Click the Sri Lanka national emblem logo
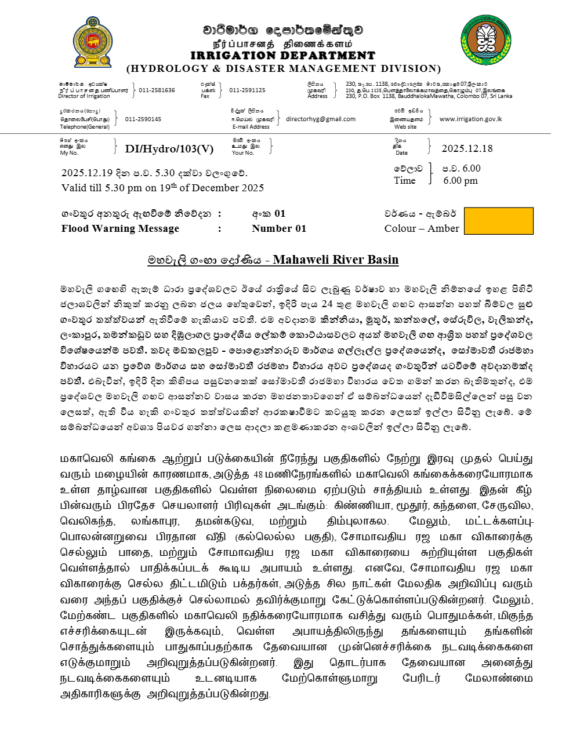[x=93, y=42]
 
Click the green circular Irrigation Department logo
[x=486, y=40]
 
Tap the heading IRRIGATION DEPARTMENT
[x=283, y=56]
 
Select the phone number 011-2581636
[x=157, y=90]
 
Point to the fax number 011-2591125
[x=247, y=90]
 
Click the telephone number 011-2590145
[x=143, y=119]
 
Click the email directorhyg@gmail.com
[x=321, y=119]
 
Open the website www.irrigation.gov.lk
[x=470, y=119]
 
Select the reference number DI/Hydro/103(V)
[x=169, y=149]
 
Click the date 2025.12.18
[x=467, y=149]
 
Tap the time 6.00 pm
[x=461, y=181]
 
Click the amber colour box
[x=499, y=221]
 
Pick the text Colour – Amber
[x=422, y=228]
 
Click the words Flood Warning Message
[x=120, y=228]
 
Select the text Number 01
[x=279, y=228]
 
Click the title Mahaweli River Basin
[x=336, y=260]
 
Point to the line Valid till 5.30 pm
[x=162, y=188]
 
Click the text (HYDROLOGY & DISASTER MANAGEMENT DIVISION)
[x=284, y=68]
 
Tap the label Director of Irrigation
[x=84, y=96]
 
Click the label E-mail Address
[x=251, y=127]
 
